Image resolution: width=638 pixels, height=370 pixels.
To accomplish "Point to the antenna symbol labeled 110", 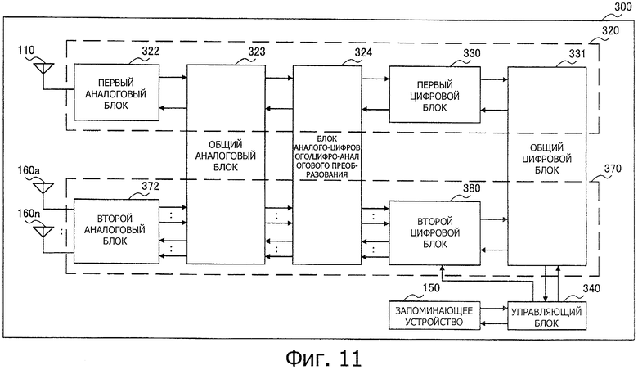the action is pos(43,68).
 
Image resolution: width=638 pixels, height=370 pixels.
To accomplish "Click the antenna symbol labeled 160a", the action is pos(43,188).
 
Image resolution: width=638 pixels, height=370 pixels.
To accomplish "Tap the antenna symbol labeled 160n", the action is pos(43,232).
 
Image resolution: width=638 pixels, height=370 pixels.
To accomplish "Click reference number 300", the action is pos(622,7).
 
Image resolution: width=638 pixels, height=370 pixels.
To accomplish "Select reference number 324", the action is pos(363,52).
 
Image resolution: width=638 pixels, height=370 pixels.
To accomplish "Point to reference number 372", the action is pos(151,186).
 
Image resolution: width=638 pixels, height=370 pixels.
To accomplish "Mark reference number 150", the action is pos(431,288).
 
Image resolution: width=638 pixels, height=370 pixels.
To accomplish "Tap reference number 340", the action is pos(591,288).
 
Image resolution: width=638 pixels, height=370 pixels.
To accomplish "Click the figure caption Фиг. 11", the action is pos(323,359).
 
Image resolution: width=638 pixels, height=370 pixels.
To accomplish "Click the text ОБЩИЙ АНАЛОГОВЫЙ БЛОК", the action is pos(226,156).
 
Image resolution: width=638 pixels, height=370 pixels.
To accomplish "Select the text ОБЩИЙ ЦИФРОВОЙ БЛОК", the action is pos(546,159).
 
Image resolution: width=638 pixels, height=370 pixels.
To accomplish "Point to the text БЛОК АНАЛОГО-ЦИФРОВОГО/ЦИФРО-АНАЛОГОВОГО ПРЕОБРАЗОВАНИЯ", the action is pos(327,156).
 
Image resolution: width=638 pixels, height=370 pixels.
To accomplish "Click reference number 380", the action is pos(472,188).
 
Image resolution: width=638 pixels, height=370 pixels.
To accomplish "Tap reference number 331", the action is pos(577,54).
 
